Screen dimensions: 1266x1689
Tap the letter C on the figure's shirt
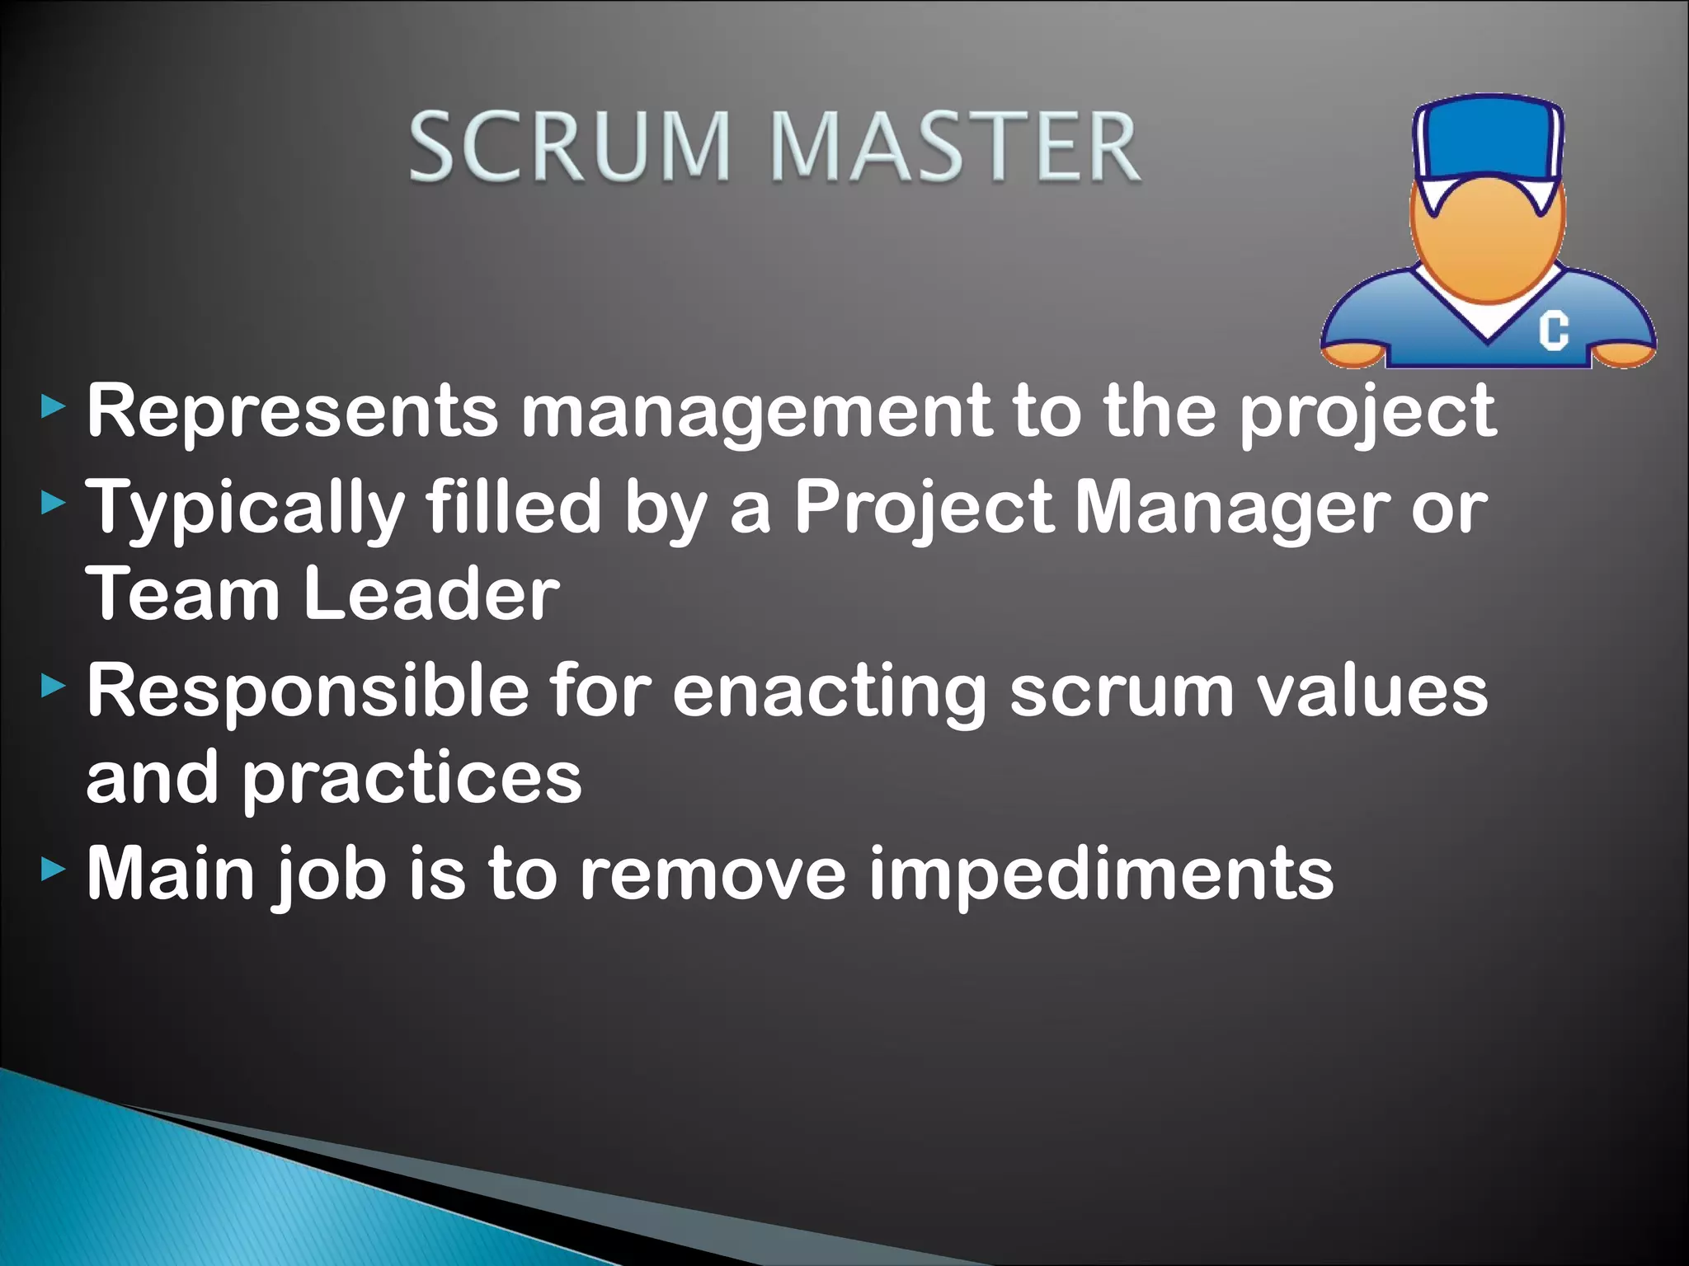click(x=1553, y=331)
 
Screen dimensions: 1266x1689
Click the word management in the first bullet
click(x=755, y=412)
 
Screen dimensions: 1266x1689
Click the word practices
click(x=412, y=780)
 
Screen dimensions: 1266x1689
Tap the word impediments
click(x=1100, y=875)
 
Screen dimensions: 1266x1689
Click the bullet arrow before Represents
click(x=53, y=406)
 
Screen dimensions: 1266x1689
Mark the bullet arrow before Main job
click(x=53, y=869)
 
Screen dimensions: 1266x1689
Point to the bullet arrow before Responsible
click(x=53, y=686)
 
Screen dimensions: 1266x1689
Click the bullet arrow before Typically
click(x=53, y=503)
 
